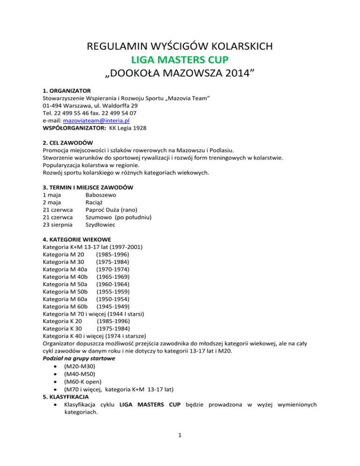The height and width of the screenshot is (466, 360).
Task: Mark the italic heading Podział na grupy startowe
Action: point(78,359)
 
